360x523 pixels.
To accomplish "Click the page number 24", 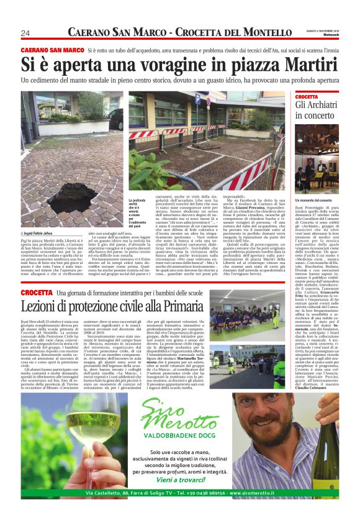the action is click(26, 33).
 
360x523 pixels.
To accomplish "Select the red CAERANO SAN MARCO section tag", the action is click(52, 50).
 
